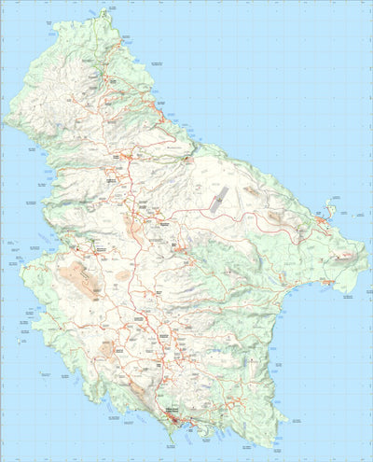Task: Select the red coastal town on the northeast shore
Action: point(163,117)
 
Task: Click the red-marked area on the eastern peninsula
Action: point(326,280)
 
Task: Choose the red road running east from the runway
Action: point(270,209)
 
